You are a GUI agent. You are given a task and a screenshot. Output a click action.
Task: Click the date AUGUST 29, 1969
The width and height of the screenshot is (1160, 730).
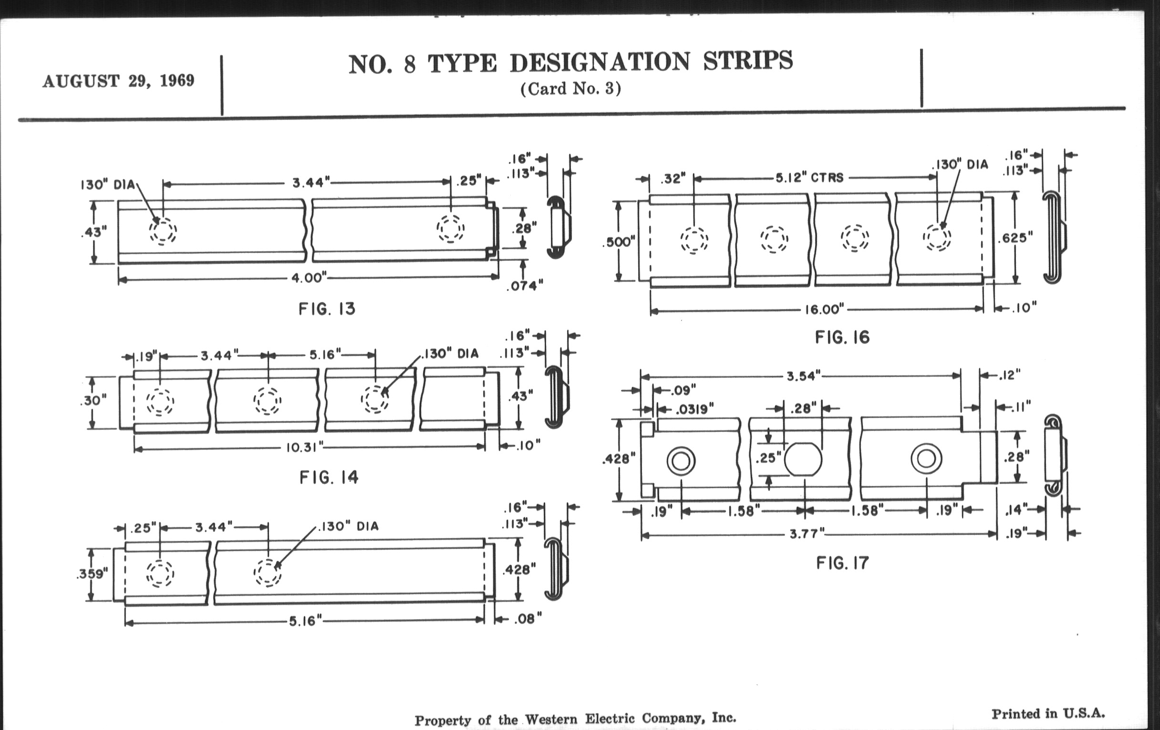click(x=118, y=81)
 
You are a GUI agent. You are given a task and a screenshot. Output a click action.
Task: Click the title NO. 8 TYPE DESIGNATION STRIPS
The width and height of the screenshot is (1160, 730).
click(x=570, y=63)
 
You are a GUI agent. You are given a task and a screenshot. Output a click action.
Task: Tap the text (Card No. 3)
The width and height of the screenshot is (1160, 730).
click(x=570, y=89)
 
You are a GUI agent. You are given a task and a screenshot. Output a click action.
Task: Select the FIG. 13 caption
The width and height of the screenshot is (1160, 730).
click(x=327, y=308)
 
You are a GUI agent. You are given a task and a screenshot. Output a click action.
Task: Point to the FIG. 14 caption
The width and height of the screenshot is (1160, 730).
click(x=329, y=478)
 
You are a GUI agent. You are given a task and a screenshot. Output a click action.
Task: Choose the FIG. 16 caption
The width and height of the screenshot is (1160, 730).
click(x=842, y=337)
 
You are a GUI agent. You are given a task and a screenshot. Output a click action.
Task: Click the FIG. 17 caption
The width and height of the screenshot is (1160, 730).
click(x=842, y=563)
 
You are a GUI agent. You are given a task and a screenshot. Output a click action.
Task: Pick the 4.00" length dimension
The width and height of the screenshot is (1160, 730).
click(x=309, y=278)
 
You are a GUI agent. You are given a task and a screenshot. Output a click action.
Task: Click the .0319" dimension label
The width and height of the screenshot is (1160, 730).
click(x=694, y=409)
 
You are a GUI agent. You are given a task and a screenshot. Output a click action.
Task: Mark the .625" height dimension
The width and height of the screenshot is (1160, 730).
click(x=1015, y=238)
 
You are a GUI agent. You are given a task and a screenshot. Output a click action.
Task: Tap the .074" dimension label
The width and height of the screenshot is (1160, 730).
click(x=525, y=286)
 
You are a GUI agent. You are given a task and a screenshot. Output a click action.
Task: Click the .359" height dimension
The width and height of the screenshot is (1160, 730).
click(x=92, y=574)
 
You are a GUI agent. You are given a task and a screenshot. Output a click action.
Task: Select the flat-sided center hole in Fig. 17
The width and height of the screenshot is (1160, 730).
click(x=803, y=459)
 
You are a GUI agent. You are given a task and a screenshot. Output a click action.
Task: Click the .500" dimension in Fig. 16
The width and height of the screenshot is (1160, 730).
click(x=619, y=242)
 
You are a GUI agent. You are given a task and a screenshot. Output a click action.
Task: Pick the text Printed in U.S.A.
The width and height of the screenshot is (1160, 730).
click(x=1048, y=713)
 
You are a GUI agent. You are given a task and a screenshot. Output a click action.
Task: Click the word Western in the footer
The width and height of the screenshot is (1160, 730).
click(x=550, y=720)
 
